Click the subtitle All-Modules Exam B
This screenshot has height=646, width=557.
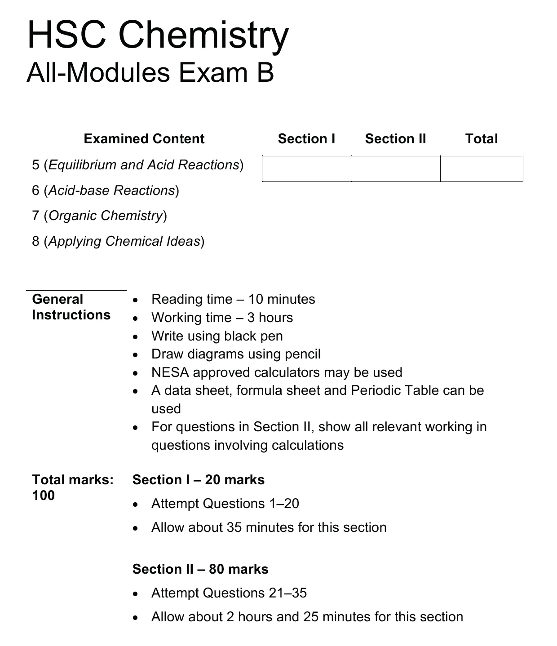[150, 73]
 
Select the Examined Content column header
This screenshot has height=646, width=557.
[144, 139]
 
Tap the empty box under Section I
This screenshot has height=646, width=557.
[306, 169]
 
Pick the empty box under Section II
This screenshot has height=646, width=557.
[395, 169]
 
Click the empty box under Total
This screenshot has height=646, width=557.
[482, 169]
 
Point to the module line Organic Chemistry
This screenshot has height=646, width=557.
[99, 216]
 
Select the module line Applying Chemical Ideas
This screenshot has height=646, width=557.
[118, 241]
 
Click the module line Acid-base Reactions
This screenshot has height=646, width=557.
[106, 190]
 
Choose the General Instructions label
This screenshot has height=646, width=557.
[71, 307]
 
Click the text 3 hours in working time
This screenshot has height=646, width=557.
[270, 318]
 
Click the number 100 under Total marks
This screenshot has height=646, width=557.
[44, 496]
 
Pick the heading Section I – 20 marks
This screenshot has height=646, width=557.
[199, 480]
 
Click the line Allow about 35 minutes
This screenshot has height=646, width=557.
[269, 527]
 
